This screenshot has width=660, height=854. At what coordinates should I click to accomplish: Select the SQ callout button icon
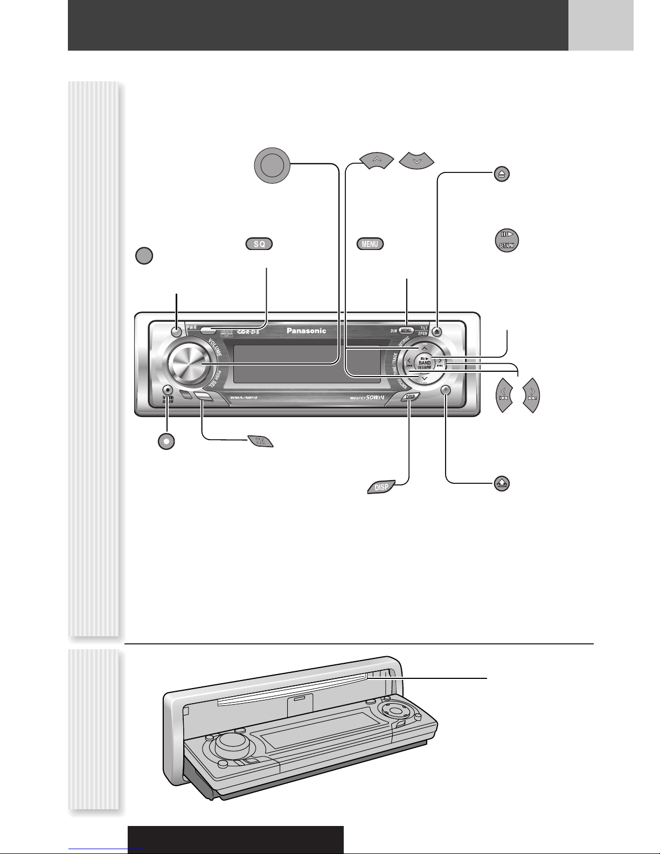259,244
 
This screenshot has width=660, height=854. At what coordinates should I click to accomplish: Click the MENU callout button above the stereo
370,244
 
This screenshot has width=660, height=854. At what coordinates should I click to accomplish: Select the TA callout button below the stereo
260,441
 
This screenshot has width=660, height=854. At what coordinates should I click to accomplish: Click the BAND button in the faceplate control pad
425,363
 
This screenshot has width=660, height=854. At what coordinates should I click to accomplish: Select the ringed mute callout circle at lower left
167,440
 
